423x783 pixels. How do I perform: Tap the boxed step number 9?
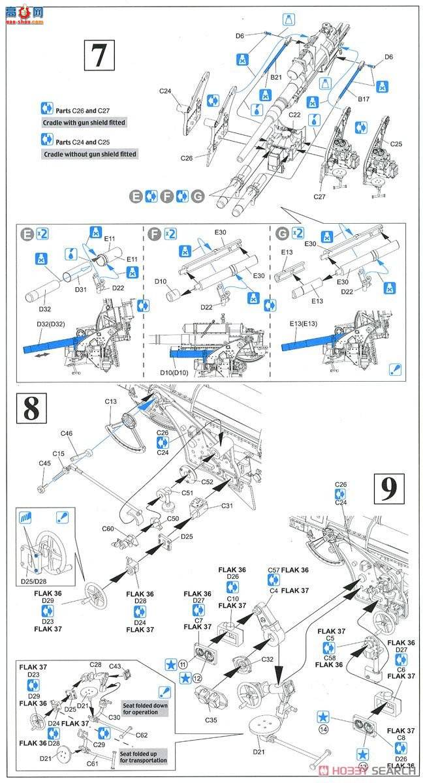click(391, 489)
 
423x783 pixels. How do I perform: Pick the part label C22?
click(295, 114)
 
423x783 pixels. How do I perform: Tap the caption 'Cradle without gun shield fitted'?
click(89, 154)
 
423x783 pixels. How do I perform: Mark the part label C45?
click(44, 463)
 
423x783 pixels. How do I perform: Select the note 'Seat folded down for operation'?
click(146, 709)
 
